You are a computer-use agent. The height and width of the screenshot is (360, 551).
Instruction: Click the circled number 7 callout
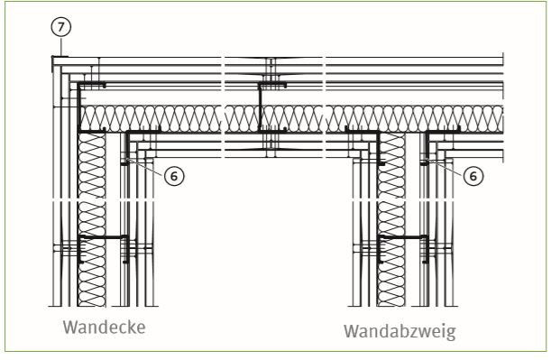(61, 27)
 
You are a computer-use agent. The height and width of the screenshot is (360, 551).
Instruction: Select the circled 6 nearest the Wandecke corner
(174, 175)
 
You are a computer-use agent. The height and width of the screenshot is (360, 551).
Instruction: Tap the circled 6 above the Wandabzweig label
(473, 175)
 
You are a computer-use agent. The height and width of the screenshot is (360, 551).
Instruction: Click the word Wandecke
(105, 328)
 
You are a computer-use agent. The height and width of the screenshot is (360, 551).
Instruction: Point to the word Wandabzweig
(399, 331)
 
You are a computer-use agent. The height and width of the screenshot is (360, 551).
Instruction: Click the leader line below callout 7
(61, 47)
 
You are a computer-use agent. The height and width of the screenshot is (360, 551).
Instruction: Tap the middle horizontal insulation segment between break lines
(273, 119)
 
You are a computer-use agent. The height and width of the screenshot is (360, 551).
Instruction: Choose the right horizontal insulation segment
(415, 119)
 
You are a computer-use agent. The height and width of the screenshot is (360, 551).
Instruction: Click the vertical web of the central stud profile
(261, 108)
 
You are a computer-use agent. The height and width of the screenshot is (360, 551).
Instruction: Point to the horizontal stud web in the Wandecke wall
(103, 237)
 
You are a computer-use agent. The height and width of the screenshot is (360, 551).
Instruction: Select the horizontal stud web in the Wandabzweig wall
(403, 237)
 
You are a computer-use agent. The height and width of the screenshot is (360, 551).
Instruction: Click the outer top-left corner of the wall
(52, 57)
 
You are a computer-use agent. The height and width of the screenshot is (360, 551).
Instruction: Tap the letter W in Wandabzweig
(351, 331)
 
